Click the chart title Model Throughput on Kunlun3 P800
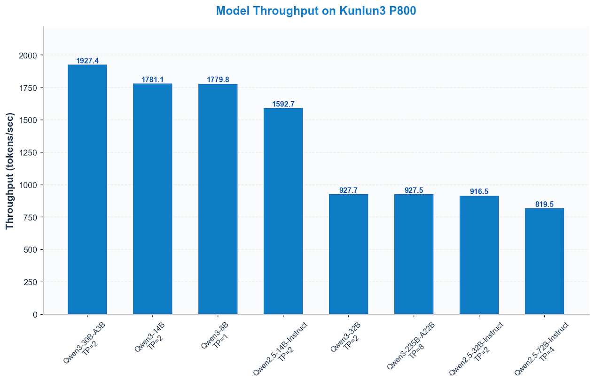click(316, 11)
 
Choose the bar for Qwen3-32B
click(348, 254)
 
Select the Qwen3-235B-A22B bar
click(414, 254)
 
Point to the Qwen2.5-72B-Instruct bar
click(544, 261)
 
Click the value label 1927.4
click(87, 61)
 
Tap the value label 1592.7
click(283, 104)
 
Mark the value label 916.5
click(479, 191)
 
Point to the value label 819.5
click(544, 204)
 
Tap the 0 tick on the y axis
click(34, 314)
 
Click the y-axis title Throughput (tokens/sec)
click(10, 171)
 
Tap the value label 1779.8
click(218, 79)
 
